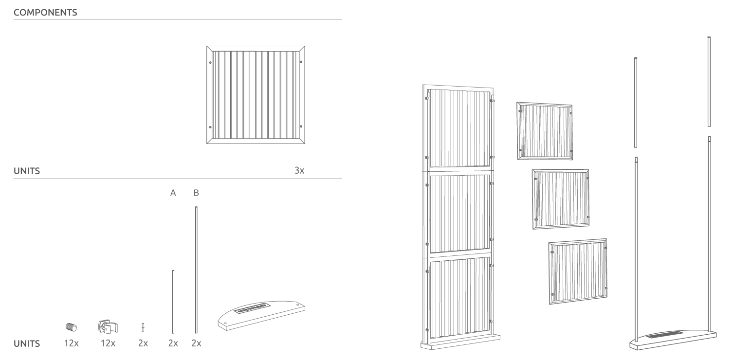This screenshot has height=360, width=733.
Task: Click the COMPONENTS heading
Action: [x=45, y=13]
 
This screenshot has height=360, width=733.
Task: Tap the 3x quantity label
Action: [x=299, y=170]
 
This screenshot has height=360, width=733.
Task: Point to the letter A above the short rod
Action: [x=173, y=193]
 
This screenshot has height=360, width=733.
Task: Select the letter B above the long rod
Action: [x=196, y=193]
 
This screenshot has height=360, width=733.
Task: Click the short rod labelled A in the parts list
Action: [x=173, y=302]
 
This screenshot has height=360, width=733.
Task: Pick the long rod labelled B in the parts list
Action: [x=196, y=270]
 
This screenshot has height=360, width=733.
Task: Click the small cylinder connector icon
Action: [x=71, y=326]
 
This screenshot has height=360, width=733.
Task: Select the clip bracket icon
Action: [x=108, y=326]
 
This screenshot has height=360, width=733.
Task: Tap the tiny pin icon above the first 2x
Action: [x=143, y=327]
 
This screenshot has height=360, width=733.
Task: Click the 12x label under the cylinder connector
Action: [x=71, y=343]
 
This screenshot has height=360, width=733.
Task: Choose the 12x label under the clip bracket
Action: [x=108, y=343]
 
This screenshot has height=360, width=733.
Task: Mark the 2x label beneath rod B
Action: [x=196, y=343]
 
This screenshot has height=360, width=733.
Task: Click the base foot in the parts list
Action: [x=261, y=315]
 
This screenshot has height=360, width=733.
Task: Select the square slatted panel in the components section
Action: [x=256, y=95]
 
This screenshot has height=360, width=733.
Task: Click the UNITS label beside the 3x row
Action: [x=27, y=171]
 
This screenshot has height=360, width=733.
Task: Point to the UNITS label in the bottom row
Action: [x=27, y=343]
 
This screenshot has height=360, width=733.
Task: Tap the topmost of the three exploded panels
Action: [x=544, y=131]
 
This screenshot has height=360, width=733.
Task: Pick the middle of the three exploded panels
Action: [x=560, y=198]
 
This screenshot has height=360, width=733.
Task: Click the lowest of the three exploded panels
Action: [x=578, y=271]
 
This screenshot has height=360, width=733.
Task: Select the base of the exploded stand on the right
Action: [x=673, y=339]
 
